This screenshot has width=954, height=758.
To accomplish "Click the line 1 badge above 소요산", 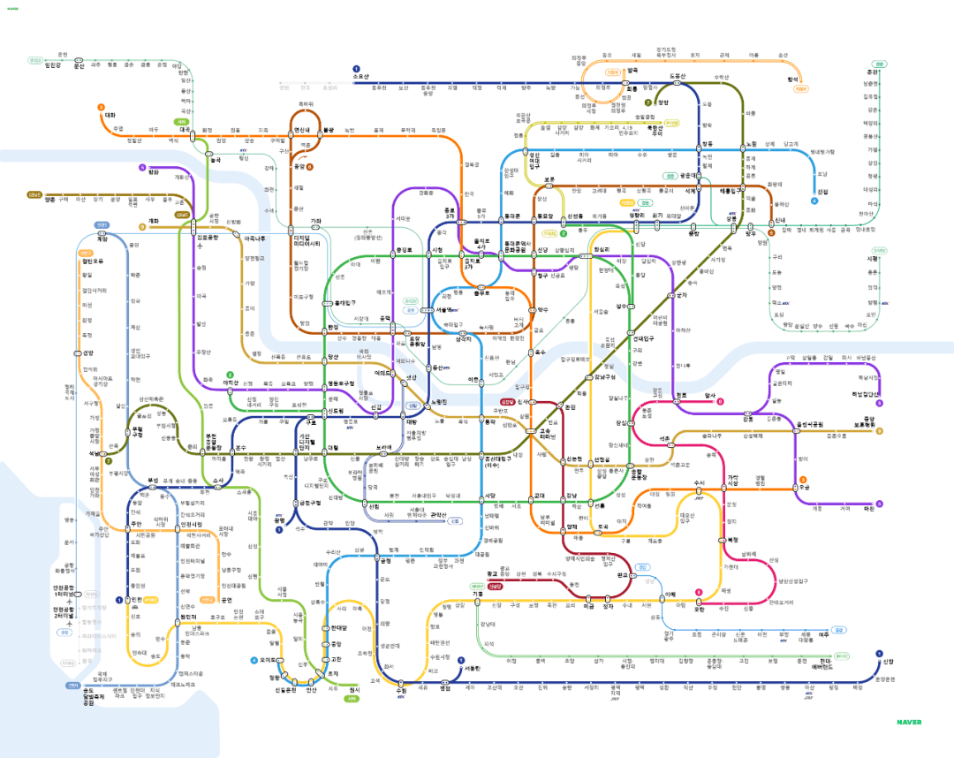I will click(356, 68).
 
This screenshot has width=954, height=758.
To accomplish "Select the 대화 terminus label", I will click(110, 115).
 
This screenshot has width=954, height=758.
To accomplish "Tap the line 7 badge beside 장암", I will click(647, 102).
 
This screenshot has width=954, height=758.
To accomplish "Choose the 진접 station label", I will click(823, 191).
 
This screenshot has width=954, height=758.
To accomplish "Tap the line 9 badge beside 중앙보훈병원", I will click(880, 431).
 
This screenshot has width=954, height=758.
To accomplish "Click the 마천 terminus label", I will click(868, 509).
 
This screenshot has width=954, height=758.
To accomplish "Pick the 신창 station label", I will click(889, 661).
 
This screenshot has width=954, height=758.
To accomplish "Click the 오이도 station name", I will click(269, 660).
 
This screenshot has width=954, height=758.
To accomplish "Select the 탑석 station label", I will click(792, 79).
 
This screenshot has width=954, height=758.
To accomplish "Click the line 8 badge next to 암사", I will click(720, 401).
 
